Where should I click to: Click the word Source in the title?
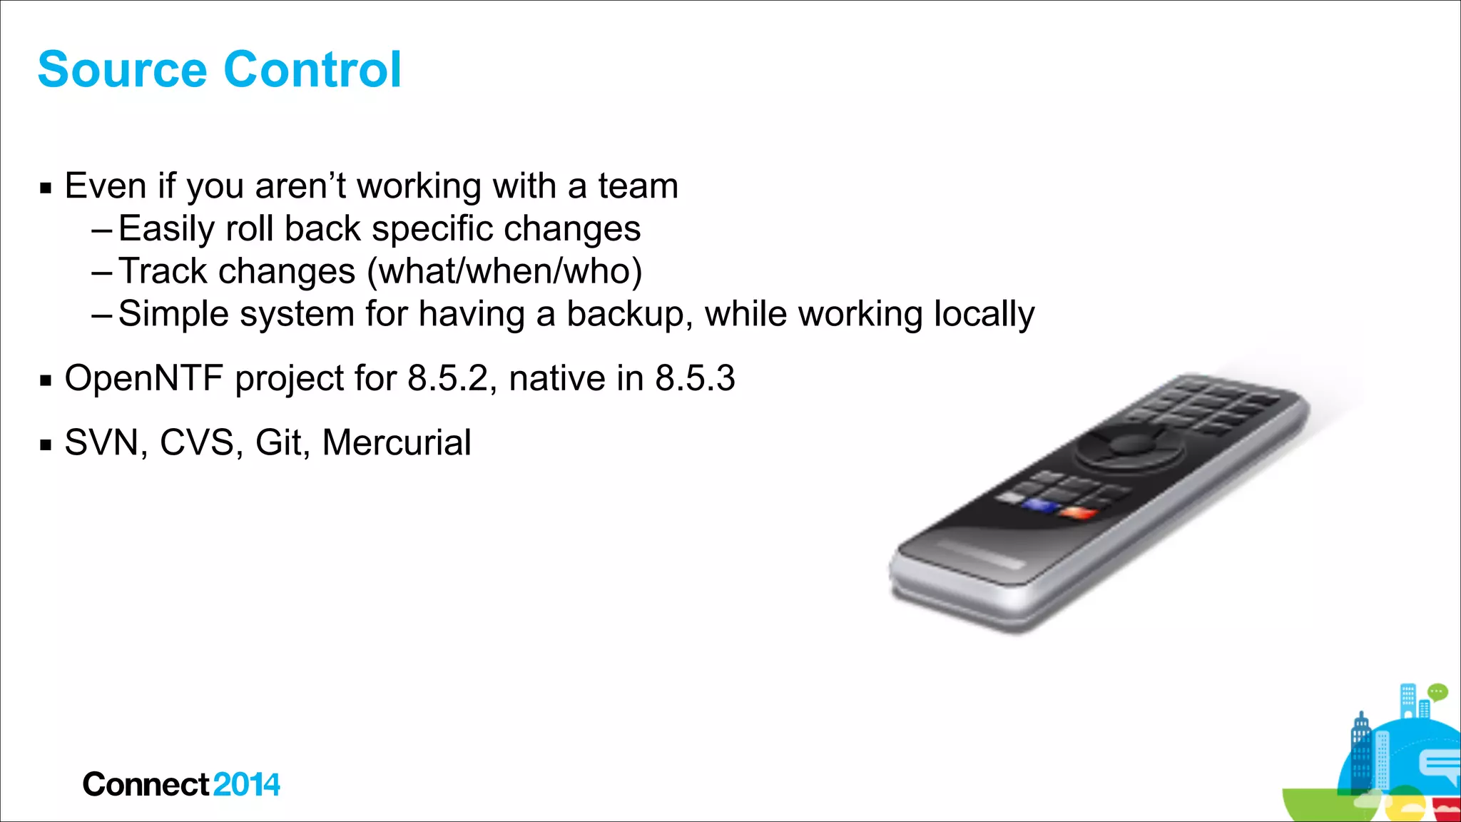coord(121,70)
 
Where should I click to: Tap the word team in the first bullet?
coord(638,186)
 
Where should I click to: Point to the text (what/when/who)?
coord(504,272)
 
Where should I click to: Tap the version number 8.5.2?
coord(447,378)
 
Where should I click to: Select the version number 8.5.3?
coord(695,378)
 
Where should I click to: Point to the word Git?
coord(278,442)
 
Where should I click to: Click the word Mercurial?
coord(397,442)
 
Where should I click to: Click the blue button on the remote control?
coord(1039,506)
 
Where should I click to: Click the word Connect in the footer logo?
coord(146,785)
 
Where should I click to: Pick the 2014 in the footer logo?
coord(246,785)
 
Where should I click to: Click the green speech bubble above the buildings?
coord(1437,691)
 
